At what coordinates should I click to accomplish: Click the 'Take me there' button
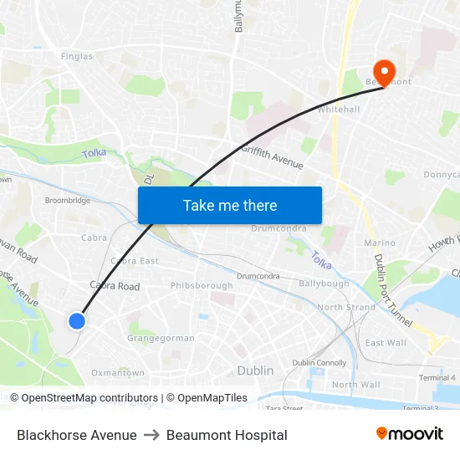[x=230, y=205]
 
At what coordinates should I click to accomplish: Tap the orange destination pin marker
[x=386, y=70]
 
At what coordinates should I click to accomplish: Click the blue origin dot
[x=77, y=320]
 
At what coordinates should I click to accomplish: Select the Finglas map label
[x=77, y=56]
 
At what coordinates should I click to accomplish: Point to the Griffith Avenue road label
[x=272, y=156]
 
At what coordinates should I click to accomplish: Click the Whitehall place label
[x=339, y=110]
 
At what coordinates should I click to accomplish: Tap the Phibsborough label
[x=202, y=285]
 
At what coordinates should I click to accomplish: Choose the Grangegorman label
[x=161, y=338]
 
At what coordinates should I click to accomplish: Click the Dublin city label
[x=255, y=371]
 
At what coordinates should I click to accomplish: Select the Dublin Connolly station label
[x=319, y=362]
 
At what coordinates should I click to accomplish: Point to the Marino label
[x=380, y=243]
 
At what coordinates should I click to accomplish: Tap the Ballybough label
[x=325, y=284]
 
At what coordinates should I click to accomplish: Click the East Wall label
[x=386, y=343]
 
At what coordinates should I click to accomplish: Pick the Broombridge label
[x=68, y=201]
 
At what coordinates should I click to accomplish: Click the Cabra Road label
[x=115, y=286]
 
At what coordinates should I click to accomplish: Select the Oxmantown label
[x=117, y=373]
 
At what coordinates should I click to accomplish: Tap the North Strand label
[x=346, y=307]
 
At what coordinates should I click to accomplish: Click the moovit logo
[x=410, y=434]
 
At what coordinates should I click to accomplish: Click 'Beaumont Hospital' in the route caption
[x=227, y=435]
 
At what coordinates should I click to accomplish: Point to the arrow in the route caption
[x=151, y=435]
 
